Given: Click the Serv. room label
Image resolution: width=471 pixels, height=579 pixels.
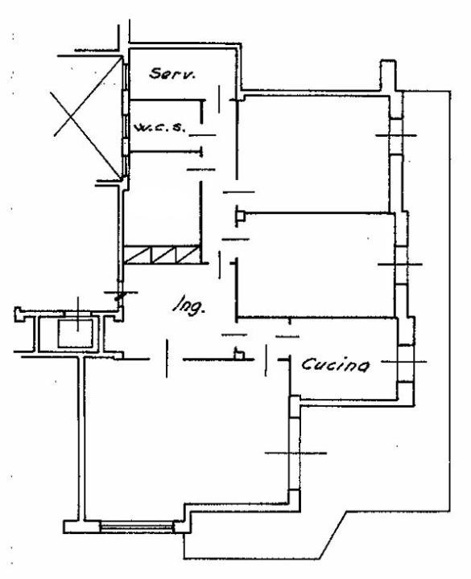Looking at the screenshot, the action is (x=172, y=73).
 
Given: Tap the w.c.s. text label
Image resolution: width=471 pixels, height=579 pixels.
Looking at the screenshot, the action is (x=159, y=128).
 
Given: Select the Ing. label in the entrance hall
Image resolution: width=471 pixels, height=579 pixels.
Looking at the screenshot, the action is (x=189, y=306).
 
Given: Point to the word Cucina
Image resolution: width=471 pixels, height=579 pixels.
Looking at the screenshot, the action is (x=335, y=365).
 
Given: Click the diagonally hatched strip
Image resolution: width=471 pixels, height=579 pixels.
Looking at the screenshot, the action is (x=162, y=255).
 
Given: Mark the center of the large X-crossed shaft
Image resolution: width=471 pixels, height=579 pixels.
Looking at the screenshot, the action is (x=87, y=117).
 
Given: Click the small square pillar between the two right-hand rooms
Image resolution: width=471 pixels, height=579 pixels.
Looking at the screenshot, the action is (x=240, y=216).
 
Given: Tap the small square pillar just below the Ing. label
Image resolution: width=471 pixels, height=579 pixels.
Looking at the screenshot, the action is (x=239, y=355).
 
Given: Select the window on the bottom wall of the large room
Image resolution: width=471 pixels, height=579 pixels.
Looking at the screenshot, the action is (x=137, y=526).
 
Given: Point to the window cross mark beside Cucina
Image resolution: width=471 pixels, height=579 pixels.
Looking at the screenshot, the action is (x=404, y=362).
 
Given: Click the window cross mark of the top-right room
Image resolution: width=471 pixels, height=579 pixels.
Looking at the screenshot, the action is (x=396, y=136).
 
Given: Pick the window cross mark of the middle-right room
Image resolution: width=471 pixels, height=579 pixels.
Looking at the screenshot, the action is (x=400, y=265).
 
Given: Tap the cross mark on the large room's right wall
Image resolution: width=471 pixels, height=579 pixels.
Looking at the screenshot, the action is (x=295, y=453).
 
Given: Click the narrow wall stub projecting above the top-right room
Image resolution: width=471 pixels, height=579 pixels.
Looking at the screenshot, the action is (x=388, y=75).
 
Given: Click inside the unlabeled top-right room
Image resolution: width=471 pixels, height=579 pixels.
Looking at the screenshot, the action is (x=313, y=154).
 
